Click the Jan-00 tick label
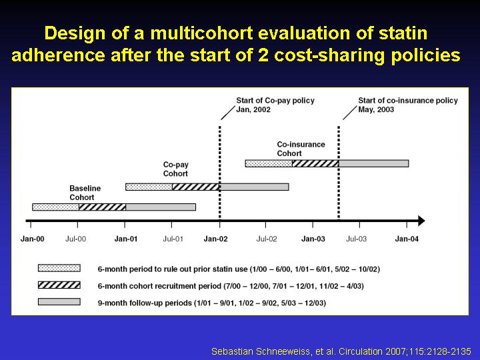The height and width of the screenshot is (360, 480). [x=32, y=239]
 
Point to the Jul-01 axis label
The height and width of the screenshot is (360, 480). [x=173, y=239]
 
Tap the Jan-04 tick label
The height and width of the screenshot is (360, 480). [x=407, y=239]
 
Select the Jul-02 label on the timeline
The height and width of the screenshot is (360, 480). [x=266, y=239]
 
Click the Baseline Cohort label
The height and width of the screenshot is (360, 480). [x=85, y=193]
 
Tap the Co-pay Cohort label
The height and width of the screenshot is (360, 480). [x=176, y=169]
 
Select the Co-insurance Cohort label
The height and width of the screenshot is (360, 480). [x=301, y=149]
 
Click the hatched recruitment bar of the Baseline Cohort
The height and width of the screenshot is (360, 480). [x=102, y=207]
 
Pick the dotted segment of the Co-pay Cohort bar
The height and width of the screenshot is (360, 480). [x=149, y=187]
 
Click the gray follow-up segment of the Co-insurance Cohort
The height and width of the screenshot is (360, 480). [x=374, y=163]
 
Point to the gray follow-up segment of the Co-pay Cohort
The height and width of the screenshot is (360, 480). [x=255, y=187]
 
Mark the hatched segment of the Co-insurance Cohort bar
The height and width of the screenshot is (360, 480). [x=315, y=163]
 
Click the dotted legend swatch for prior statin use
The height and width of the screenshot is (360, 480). [x=59, y=268]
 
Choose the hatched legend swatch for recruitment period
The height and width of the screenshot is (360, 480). [x=59, y=285]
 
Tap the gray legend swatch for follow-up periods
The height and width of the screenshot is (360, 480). [x=59, y=302]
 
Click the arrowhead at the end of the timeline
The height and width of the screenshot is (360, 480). [x=422, y=221]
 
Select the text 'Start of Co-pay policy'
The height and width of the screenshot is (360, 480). [x=275, y=101]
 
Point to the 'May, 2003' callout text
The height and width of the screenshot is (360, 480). [x=376, y=109]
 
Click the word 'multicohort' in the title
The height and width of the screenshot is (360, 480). [x=201, y=33]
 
